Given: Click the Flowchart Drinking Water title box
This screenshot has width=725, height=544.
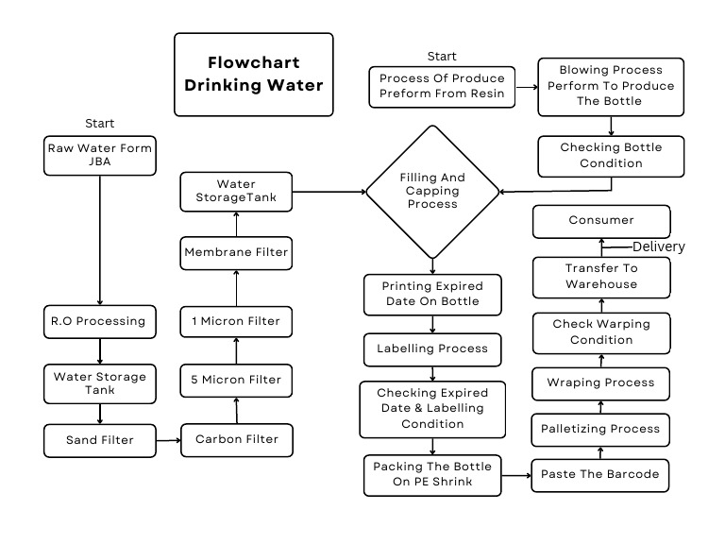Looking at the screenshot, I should pos(253,75).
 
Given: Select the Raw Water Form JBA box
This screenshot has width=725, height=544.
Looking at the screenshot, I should pos(99,156).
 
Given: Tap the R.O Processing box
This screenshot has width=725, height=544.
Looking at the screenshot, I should pos(99,321).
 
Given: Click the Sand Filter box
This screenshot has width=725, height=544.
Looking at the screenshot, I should pos(99,439).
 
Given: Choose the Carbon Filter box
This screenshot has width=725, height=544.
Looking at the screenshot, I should pos(237,439).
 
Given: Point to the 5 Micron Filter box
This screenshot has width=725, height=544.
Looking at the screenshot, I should pos(237,380).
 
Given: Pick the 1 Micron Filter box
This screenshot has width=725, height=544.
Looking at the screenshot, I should pos(237,321).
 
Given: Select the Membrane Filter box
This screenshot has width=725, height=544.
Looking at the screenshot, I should pos(237,252).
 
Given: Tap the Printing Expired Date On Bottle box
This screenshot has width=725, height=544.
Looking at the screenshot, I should pos(432,294).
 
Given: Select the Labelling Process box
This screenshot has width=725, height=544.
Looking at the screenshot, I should pos(432,348).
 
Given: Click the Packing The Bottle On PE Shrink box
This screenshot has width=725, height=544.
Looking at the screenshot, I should pos(432,474).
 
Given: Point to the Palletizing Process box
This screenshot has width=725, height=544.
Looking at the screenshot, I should pos(600,429).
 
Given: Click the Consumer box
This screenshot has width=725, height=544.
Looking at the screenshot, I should pos(601,221).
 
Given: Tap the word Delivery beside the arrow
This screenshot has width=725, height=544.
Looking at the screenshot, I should pos(658,247).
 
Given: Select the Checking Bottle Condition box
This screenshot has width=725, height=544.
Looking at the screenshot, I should pos(611,156).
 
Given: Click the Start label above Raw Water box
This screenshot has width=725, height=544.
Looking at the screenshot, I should pos(99,124).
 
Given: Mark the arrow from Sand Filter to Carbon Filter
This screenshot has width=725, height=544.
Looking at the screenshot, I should pos(168,440).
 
